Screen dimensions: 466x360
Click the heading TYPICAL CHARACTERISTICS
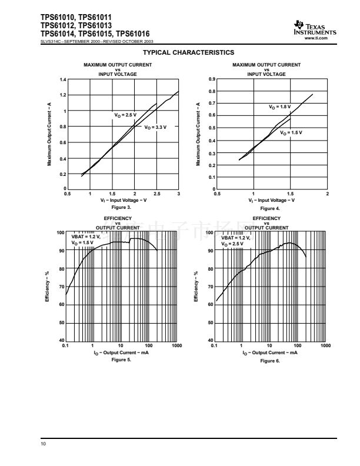click(x=180, y=53)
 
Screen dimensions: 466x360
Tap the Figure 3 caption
click(x=122, y=208)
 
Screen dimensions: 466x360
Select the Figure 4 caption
click(x=270, y=208)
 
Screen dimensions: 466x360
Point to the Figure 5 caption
click(x=121, y=360)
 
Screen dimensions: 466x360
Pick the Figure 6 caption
click(x=270, y=360)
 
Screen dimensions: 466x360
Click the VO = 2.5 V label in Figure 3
click(x=125, y=114)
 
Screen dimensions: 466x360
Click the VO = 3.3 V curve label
click(x=155, y=127)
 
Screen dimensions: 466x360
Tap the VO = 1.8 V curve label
click(x=280, y=106)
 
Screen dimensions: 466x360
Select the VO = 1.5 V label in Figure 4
click(x=291, y=132)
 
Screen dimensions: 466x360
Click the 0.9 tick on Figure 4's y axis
click(x=212, y=79)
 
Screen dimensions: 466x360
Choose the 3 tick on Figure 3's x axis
click(x=178, y=194)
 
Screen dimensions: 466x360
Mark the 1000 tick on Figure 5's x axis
click(x=177, y=345)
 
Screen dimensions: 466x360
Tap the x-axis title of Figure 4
click(x=271, y=200)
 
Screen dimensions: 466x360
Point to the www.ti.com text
click(x=328, y=38)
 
